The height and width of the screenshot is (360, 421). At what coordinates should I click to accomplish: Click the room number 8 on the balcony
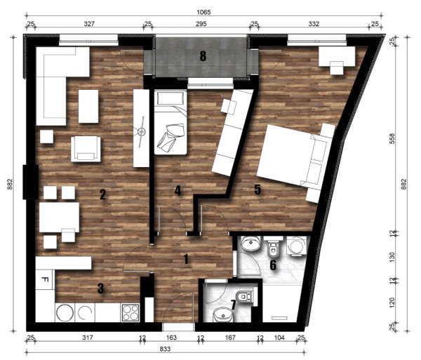203,56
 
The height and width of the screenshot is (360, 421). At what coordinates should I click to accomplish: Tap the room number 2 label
102,194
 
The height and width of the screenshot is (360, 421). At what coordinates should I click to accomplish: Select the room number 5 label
258,189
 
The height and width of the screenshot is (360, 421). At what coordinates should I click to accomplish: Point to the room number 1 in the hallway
186,260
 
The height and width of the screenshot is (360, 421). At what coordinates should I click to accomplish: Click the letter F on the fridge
45,279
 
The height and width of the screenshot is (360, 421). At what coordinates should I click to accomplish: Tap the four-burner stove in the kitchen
131,312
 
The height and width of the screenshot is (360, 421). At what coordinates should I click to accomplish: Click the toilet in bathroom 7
245,297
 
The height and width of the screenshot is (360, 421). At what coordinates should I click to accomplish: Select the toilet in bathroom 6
274,247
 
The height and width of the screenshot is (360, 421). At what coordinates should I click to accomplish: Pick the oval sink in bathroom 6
250,244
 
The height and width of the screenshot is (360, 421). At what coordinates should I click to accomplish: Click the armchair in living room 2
86,149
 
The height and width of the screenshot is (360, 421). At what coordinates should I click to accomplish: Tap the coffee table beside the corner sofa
88,106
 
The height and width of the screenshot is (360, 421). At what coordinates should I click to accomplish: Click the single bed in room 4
171,122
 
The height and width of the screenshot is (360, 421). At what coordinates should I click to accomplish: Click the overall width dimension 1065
203,12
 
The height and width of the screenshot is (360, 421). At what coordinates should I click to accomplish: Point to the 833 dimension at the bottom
165,349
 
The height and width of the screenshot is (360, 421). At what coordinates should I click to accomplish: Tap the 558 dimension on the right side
392,138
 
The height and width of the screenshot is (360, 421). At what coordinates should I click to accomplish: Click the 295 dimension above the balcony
201,24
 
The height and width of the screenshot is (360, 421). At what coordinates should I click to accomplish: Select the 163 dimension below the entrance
171,337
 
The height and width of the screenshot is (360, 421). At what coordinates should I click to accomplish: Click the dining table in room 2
60,217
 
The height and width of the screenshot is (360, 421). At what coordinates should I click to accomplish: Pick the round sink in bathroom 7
223,314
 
